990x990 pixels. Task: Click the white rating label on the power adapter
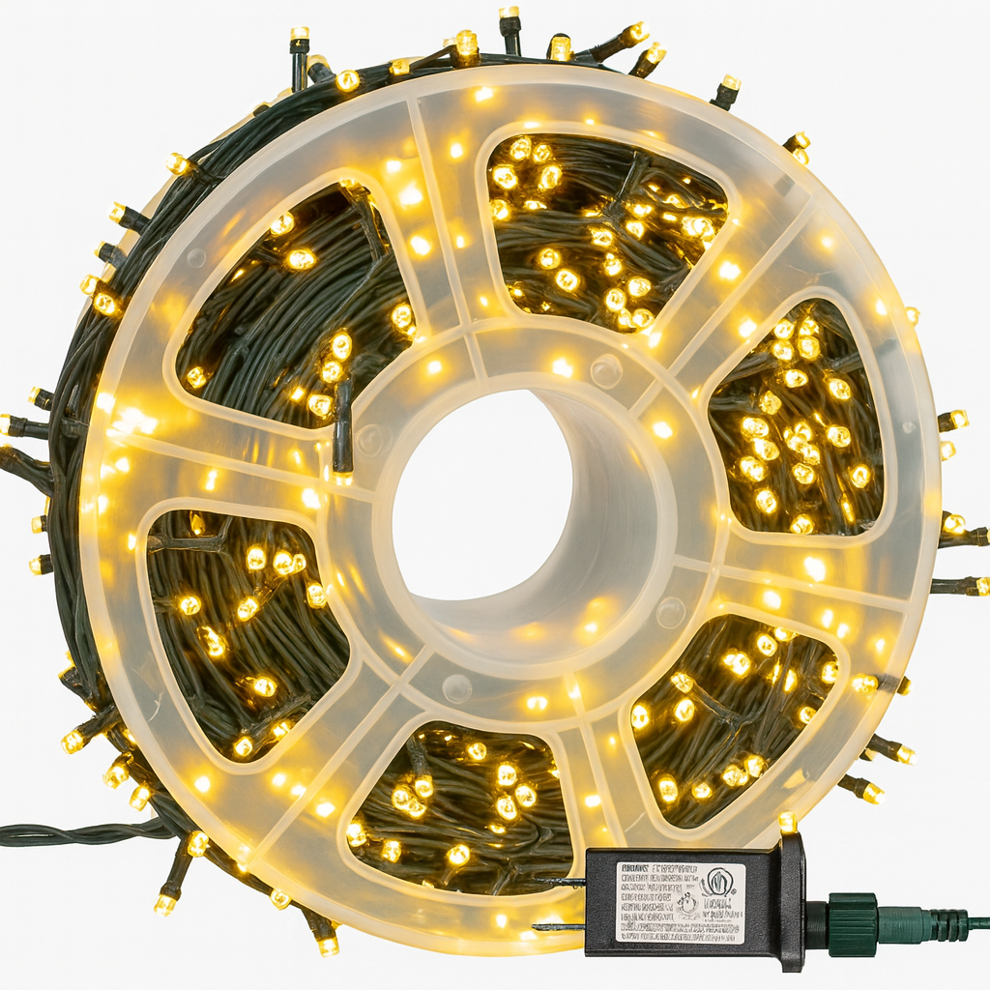[680, 902]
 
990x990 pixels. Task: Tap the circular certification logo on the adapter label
[717, 883]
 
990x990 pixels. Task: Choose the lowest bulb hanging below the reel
[328, 942]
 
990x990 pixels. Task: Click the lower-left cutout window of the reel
[242, 628]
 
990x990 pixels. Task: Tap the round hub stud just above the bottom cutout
[455, 687]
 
